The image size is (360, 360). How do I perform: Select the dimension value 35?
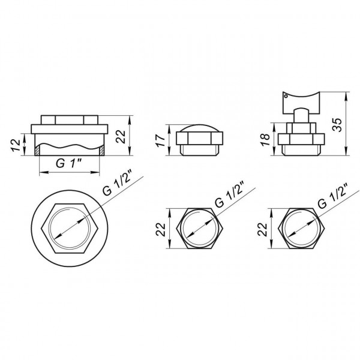tap(338, 125)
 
